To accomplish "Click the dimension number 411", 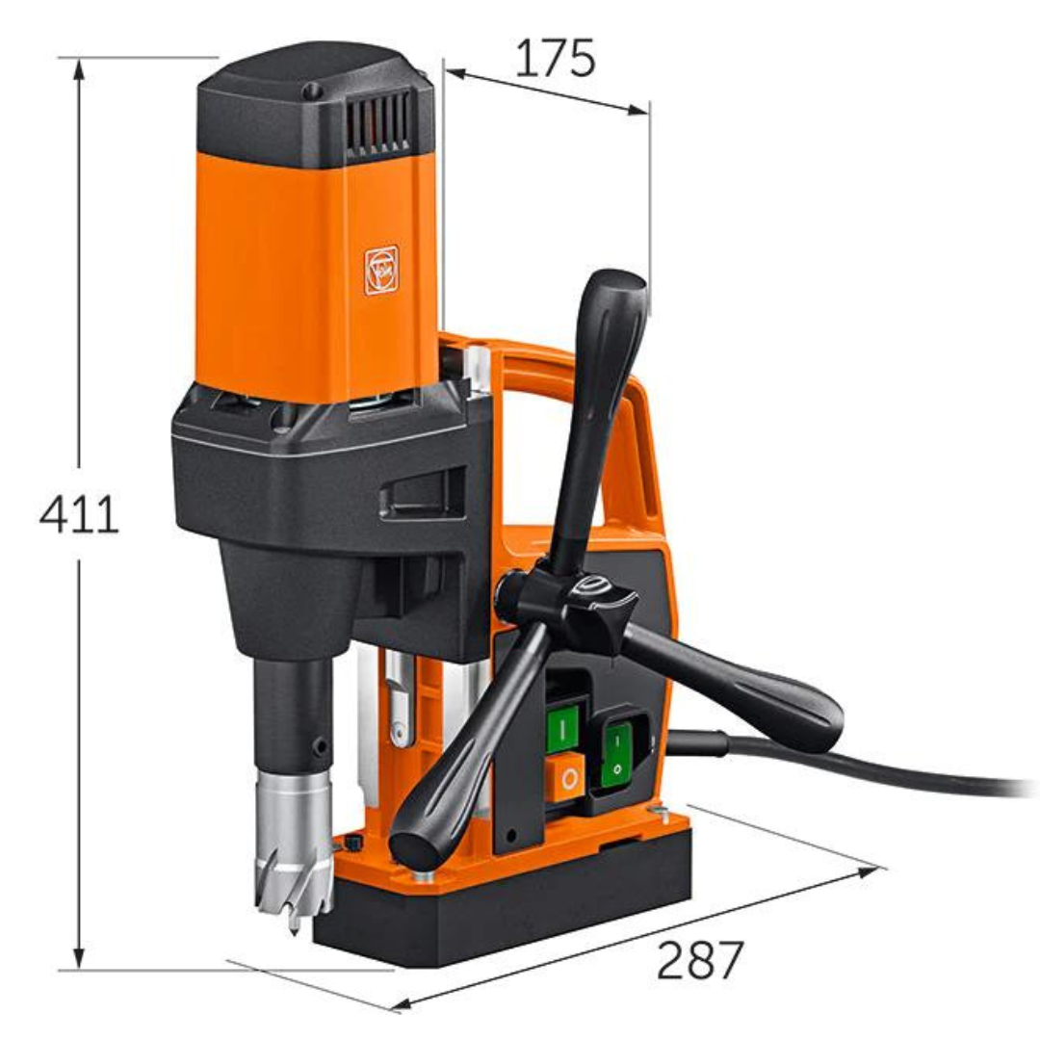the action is pos(79,514).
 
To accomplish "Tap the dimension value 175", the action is pos(556,58).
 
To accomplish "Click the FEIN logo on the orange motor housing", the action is pos(381,270).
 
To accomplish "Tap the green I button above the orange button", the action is pos(561,728).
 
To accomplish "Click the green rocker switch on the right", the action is pos(616,755).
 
